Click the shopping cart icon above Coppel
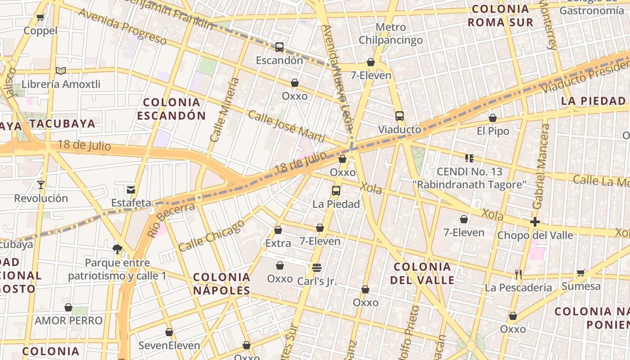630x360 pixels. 40,18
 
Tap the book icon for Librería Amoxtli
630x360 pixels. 61,71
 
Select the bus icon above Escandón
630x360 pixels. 279,47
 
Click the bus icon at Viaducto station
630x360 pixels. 400,116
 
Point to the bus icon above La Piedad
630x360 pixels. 336,190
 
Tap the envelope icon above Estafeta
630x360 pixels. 131,189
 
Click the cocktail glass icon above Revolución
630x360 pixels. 41,184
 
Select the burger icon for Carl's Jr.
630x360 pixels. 317,268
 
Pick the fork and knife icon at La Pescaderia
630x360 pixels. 518,274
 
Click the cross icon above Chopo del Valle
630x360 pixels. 535,221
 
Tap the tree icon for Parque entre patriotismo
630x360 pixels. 117,249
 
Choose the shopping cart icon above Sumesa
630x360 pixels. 581,273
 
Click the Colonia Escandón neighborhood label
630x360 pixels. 171,109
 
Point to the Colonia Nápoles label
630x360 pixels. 221,283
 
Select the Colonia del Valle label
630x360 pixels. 422,273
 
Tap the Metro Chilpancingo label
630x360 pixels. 391,34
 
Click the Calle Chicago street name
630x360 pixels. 211,235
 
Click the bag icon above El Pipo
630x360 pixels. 493,118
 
